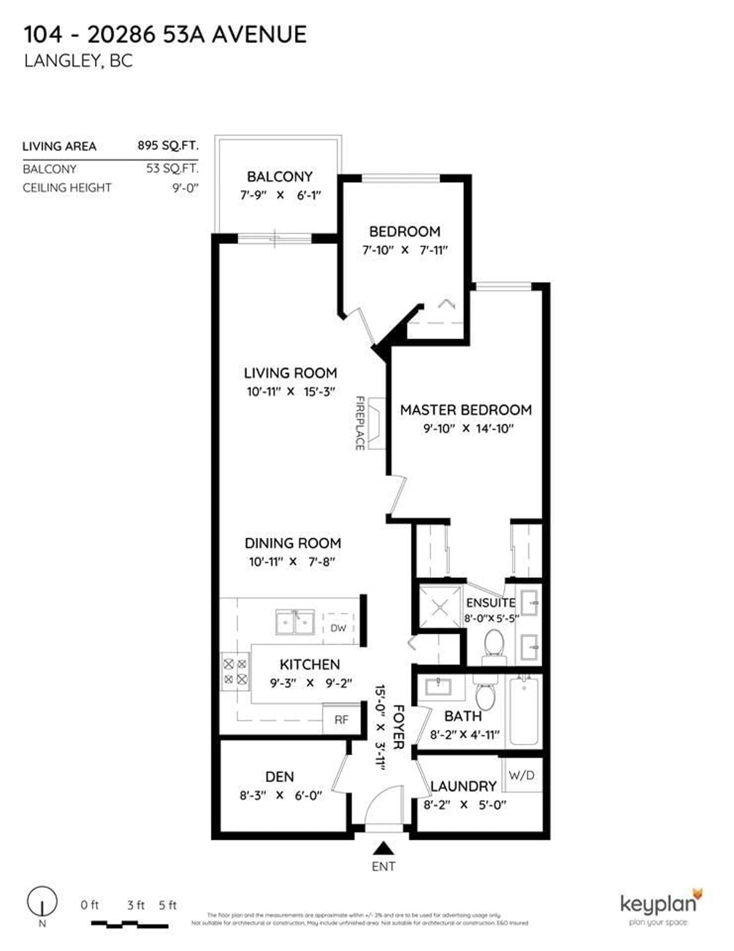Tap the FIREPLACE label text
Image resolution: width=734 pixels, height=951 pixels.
click(360, 423)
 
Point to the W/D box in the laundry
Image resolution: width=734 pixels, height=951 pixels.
click(521, 775)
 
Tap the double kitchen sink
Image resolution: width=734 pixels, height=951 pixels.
click(295, 622)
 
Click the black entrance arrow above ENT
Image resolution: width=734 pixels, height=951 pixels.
click(383, 848)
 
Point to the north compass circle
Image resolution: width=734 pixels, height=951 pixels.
click(42, 901)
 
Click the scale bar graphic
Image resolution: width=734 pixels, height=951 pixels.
click(129, 923)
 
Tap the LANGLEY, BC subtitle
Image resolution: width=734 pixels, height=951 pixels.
click(78, 61)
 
